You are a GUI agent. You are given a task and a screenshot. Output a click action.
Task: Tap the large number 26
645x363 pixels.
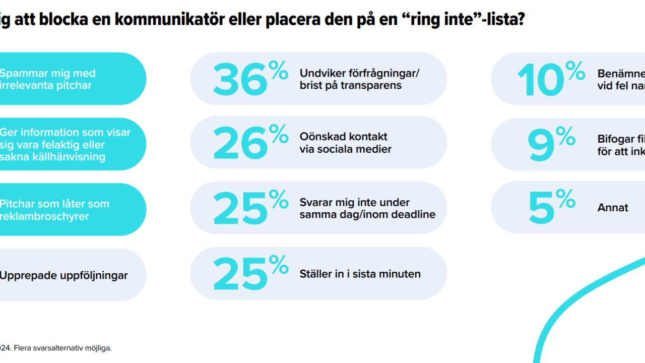(x=240, y=144)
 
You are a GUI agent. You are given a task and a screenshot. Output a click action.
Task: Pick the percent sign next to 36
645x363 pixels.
(x=278, y=70)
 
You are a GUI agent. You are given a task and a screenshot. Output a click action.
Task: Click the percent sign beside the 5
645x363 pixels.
(x=566, y=199)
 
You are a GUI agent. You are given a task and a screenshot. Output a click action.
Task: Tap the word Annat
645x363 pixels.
(x=613, y=208)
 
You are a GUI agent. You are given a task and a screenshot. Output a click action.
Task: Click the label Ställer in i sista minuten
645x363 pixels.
(x=360, y=274)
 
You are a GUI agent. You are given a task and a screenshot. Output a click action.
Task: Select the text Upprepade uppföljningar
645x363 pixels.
(x=63, y=276)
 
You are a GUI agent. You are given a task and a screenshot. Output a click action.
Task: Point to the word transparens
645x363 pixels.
(x=371, y=85)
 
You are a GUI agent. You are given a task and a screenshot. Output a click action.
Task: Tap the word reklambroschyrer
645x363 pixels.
(x=44, y=216)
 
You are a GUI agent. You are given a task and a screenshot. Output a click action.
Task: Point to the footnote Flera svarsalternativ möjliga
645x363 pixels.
(x=63, y=348)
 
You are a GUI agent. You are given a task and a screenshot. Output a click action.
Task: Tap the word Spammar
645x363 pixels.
(x=23, y=73)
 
